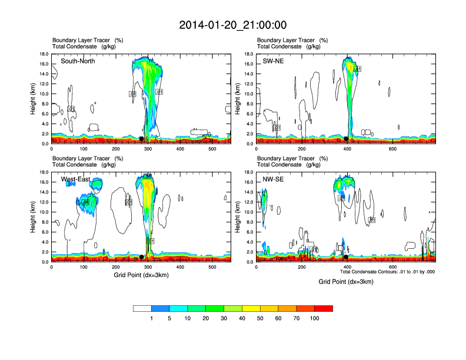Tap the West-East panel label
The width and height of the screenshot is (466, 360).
point(75,179)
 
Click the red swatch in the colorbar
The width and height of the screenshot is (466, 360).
point(324,308)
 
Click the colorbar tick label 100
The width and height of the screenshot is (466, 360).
point(315,318)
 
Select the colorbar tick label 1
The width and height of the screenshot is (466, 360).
point(151,318)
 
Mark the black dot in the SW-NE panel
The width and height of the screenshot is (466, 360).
point(347,139)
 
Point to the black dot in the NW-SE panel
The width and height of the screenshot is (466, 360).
point(347,257)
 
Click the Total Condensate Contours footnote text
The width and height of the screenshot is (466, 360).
point(388,272)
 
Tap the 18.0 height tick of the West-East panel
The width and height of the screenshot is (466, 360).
point(43,172)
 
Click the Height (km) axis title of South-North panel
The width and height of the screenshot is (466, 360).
point(33,99)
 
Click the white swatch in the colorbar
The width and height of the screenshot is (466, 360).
point(142,308)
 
